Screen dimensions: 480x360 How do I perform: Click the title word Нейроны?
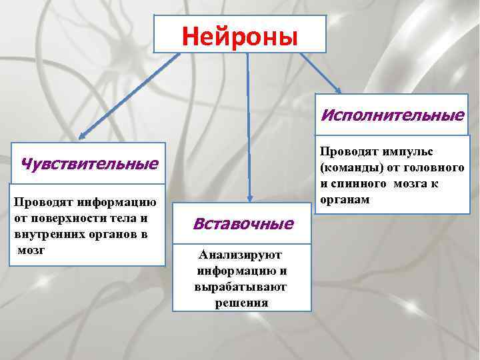point(240,35)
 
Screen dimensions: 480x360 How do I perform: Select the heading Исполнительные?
point(393,115)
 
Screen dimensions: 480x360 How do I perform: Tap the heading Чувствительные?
point(90,163)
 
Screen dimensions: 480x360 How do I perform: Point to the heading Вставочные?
point(243,223)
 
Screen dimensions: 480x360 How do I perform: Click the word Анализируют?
point(241,255)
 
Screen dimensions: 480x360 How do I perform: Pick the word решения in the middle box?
point(241,303)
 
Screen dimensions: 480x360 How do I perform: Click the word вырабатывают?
point(241,287)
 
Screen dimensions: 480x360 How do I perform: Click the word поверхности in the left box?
point(68,218)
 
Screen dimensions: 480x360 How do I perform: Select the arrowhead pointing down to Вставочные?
point(249,197)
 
